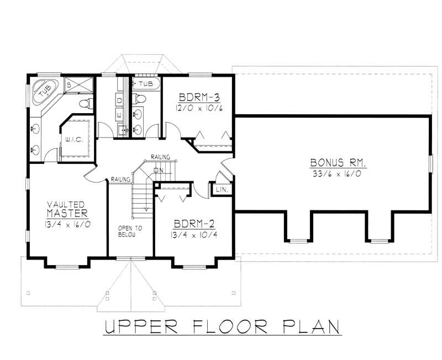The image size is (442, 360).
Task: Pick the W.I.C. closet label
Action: pyautogui.click(x=73, y=140)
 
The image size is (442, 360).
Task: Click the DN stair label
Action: pyautogui.click(x=159, y=170)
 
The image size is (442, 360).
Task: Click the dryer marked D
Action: pyautogui.click(x=120, y=101)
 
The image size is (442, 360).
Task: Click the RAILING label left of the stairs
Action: pyautogui.click(x=120, y=179)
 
